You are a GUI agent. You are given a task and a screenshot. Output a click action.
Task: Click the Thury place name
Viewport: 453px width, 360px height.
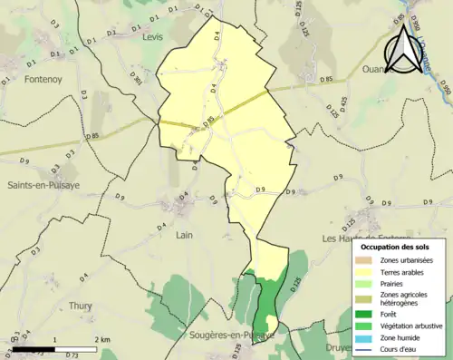80,306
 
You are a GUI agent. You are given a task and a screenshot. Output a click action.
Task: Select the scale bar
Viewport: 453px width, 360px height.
55,348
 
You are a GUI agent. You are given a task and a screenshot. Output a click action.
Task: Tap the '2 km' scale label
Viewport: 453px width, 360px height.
101,339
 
